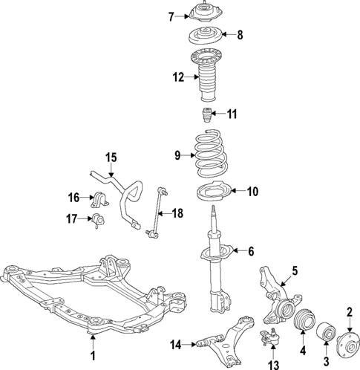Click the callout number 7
[170, 16]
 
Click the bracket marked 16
[102, 199]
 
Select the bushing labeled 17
[99, 219]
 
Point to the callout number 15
[111, 157]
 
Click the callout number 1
[93, 356]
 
